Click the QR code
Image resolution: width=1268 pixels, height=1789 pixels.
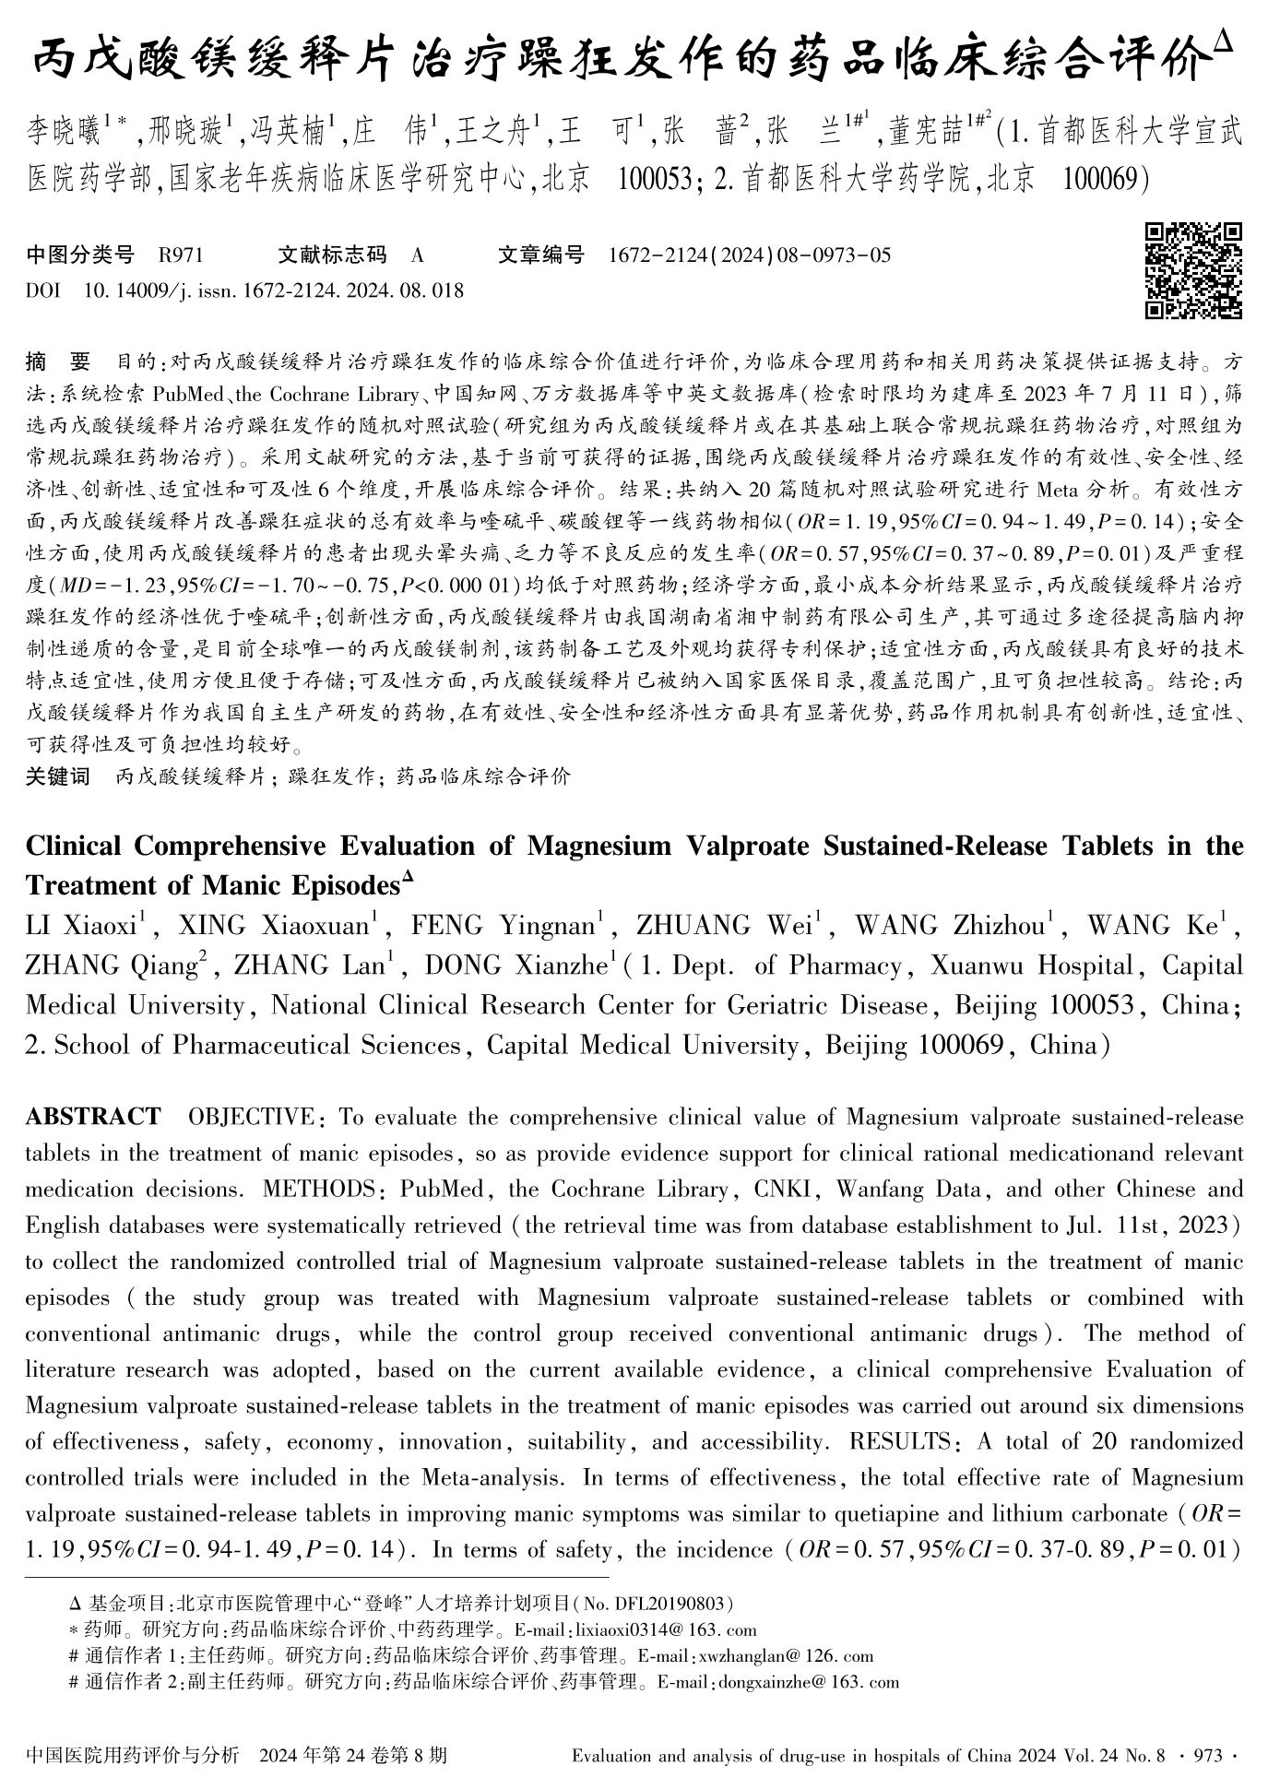point(1192,270)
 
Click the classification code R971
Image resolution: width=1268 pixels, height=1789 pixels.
point(181,255)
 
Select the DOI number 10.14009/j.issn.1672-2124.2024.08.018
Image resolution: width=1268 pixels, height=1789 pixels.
point(274,291)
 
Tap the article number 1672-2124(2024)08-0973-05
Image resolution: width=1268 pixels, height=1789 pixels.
point(750,255)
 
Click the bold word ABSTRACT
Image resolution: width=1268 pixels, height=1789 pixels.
point(92,1118)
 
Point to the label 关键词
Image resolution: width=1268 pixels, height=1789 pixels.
point(57,776)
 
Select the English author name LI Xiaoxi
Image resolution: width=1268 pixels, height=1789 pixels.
point(87,925)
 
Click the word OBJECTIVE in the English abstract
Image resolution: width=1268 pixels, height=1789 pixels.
point(250,1118)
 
